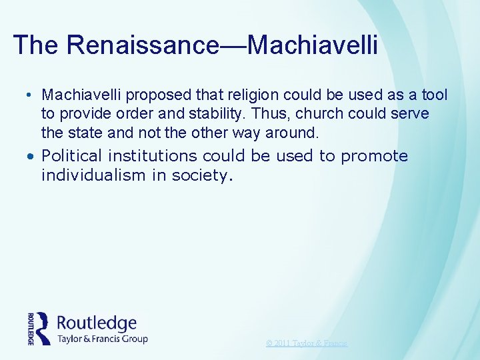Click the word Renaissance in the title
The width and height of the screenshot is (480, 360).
coord(142,45)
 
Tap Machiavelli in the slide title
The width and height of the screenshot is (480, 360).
coord(313,45)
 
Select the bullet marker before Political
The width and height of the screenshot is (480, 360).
coord(32,157)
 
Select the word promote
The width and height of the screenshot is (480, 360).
coord(374,157)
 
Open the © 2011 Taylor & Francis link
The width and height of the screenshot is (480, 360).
coord(307,343)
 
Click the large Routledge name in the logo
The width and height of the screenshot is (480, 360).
coord(97,323)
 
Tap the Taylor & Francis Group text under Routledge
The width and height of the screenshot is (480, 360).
coord(103,339)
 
